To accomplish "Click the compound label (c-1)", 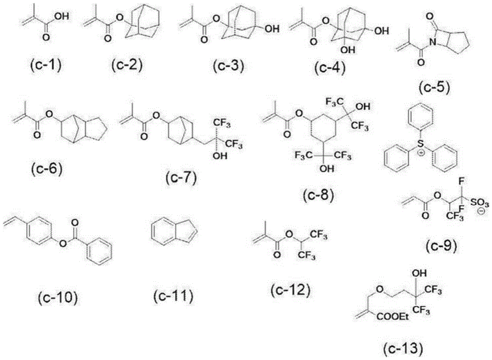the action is point(44,65).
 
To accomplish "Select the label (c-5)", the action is point(434,87).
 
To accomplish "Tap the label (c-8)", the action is point(318,194).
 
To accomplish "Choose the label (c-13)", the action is point(403,349).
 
